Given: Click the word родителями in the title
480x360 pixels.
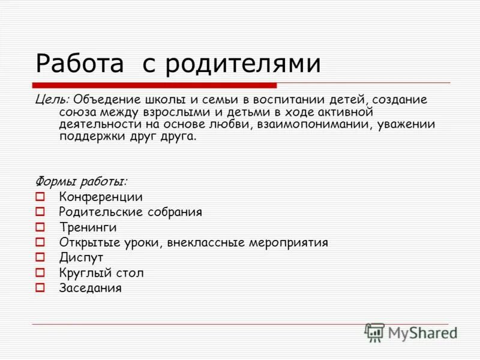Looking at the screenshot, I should click(x=242, y=64).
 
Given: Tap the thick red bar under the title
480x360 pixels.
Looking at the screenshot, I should click(x=155, y=85).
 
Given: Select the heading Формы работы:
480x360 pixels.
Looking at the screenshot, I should click(x=80, y=181).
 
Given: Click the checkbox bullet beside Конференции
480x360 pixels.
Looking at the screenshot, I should click(x=40, y=196).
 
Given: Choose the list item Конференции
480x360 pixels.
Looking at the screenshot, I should click(x=100, y=197).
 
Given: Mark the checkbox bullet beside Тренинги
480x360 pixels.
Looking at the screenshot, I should click(x=40, y=227).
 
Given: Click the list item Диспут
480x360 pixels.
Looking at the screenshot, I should click(x=81, y=257).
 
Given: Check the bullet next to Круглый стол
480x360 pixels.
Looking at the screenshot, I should click(x=40, y=272).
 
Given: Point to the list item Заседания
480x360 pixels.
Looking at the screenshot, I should click(x=90, y=288).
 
